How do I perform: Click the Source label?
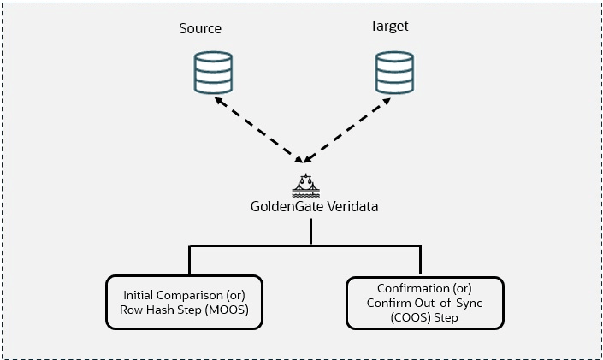[199, 28]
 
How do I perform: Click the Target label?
[388, 26]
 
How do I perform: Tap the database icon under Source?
[210, 73]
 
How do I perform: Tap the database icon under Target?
[393, 73]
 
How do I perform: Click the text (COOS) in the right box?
[397, 316]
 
